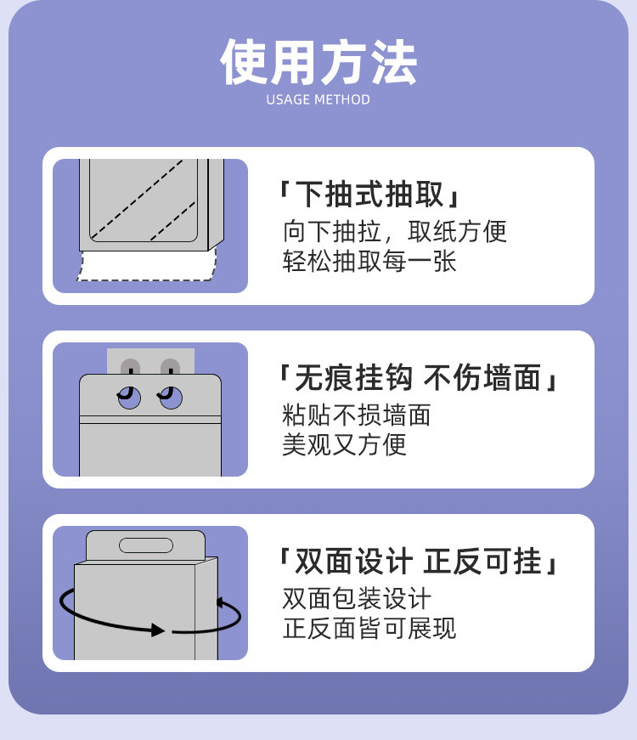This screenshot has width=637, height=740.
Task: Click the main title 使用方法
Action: pyautogui.click(x=318, y=61)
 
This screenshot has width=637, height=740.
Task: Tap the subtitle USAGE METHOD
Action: pyautogui.click(x=318, y=99)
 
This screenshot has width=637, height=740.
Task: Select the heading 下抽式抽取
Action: pyautogui.click(x=370, y=195)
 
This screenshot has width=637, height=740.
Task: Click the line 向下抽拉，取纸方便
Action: pyautogui.click(x=394, y=231)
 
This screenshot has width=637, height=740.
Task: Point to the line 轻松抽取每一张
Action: pyautogui.click(x=369, y=261)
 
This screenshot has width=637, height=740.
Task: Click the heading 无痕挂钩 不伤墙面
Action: pyautogui.click(x=420, y=378)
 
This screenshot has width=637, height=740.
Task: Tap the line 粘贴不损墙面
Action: pyautogui.click(x=357, y=415)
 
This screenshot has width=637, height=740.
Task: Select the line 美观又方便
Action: pyautogui.click(x=344, y=444)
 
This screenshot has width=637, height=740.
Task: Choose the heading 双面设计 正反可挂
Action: pyautogui.click(x=420, y=562)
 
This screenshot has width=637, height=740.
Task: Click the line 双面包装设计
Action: pyautogui.click(x=357, y=598)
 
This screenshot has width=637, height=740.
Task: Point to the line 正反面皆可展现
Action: pyautogui.click(x=369, y=628)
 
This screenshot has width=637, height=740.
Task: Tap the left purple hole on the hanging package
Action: pyautogui.click(x=130, y=398)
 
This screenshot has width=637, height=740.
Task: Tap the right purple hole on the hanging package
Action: pyautogui.click(x=171, y=398)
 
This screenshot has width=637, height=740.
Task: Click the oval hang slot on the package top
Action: pyautogui.click(x=146, y=545)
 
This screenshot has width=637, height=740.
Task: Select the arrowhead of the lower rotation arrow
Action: pyautogui.click(x=158, y=630)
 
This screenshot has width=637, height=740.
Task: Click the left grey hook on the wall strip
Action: pyautogui.click(x=130, y=368)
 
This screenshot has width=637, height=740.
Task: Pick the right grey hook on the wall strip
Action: pyautogui.click(x=171, y=368)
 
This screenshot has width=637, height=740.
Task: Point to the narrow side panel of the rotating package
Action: pyautogui.click(x=206, y=612)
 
